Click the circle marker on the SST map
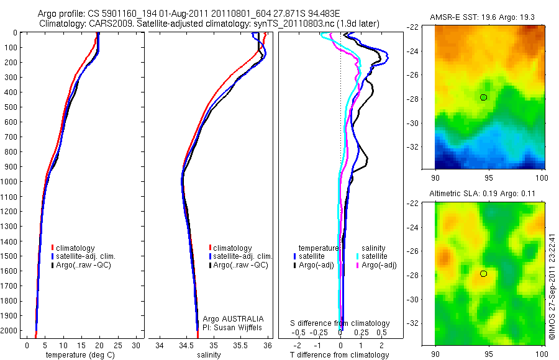click(x=483, y=97)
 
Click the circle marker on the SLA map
click(x=483, y=274)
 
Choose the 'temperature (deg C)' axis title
click(x=78, y=355)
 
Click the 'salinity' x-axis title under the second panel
click(x=209, y=355)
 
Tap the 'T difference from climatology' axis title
click(x=339, y=355)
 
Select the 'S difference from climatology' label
click(x=340, y=323)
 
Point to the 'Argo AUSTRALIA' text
click(x=229, y=318)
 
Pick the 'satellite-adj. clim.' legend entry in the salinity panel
click(x=243, y=256)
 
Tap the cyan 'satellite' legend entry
click(x=373, y=256)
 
